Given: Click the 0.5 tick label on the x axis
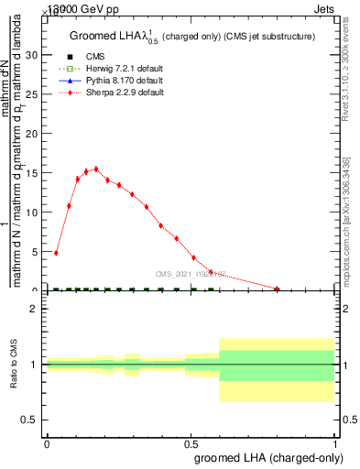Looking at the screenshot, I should [x=191, y=443].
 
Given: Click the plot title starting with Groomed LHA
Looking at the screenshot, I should [x=192, y=37].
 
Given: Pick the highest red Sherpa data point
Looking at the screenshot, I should [x=96, y=169].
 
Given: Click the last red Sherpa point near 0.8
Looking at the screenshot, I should [x=277, y=289].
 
